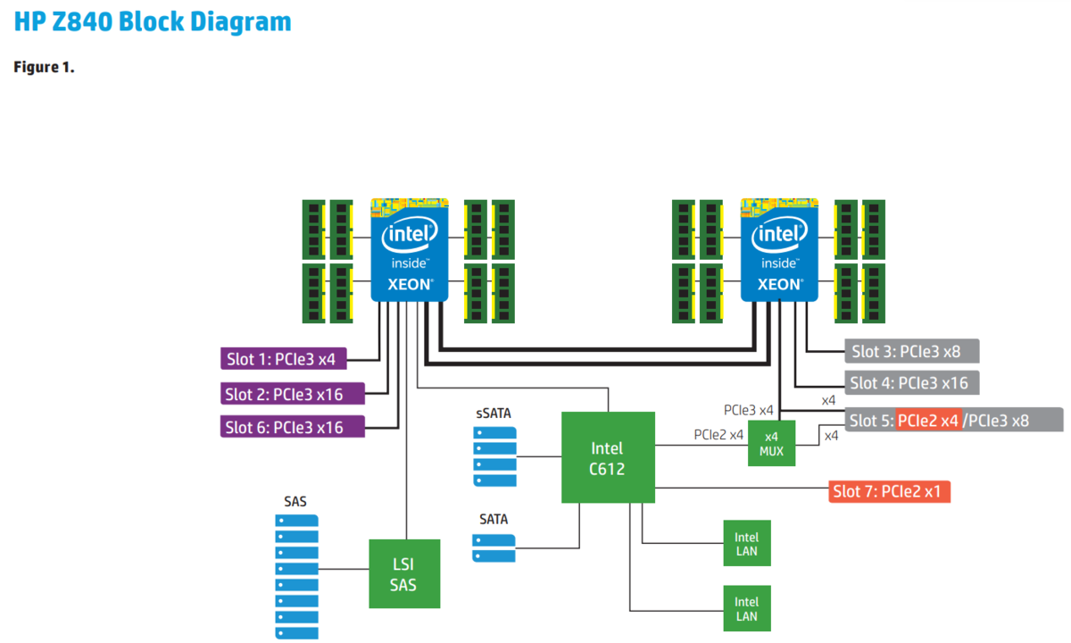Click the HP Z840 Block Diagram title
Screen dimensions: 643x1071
153,21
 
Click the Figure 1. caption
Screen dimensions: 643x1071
44,68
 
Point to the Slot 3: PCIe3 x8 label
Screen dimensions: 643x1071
911,350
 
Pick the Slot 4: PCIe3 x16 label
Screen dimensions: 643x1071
911,383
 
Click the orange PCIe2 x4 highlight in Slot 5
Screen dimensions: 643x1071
928,420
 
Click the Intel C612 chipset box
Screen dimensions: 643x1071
607,457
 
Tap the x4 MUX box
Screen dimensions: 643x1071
771,444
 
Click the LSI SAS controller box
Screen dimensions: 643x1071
404,573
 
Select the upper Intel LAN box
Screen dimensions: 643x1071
746,544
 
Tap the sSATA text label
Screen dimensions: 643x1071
494,413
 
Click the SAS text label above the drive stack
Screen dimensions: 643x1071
295,501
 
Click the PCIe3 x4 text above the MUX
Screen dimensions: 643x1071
748,410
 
